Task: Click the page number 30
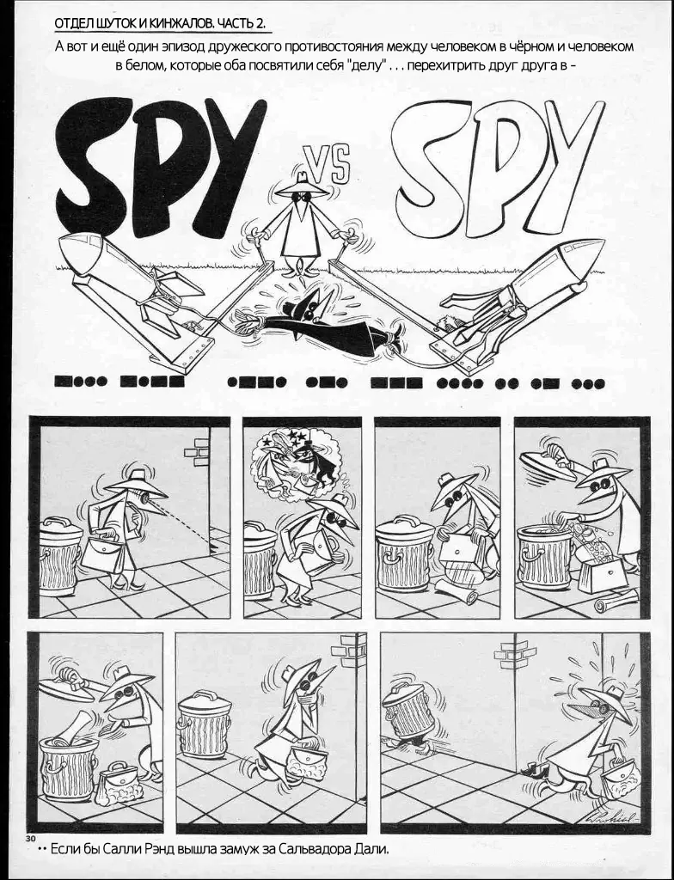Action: coord(30,839)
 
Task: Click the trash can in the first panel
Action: coord(60,556)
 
